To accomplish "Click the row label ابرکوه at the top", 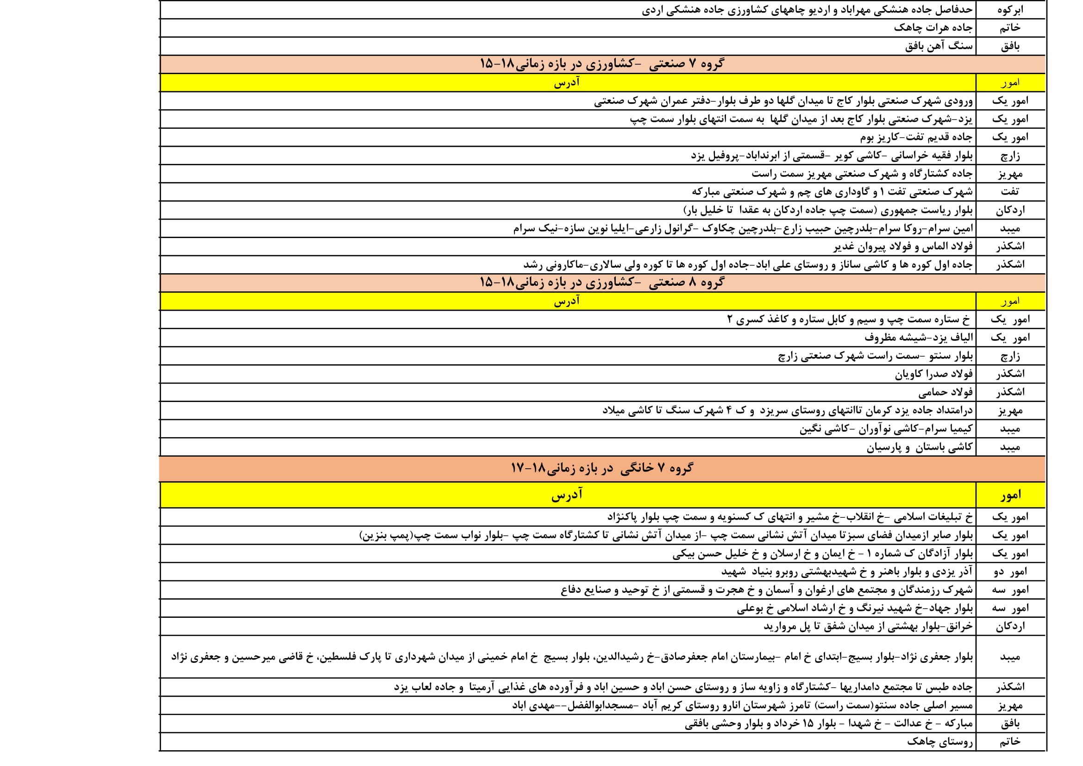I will coord(1010,9).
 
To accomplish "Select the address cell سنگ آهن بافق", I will coord(938,46).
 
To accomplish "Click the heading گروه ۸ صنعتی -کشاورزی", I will coord(602,283).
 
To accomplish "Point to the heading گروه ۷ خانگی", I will coord(602,468).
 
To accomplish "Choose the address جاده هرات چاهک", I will coord(933,28).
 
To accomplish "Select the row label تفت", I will coord(1009,192).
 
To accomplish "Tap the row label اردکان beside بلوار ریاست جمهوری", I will coord(1010,210).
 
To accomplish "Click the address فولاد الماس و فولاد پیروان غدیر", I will coord(902,247).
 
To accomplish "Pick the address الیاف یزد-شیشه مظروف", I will coord(918,337).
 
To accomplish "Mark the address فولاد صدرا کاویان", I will coord(933,374).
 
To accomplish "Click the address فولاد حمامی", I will coord(945,392).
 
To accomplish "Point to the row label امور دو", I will coord(1010,571).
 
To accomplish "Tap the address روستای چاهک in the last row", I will coord(939,741).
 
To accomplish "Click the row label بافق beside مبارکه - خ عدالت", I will coord(1010,723).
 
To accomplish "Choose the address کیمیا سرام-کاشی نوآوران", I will coord(885,429).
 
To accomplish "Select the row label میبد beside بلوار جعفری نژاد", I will coord(1010,657).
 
